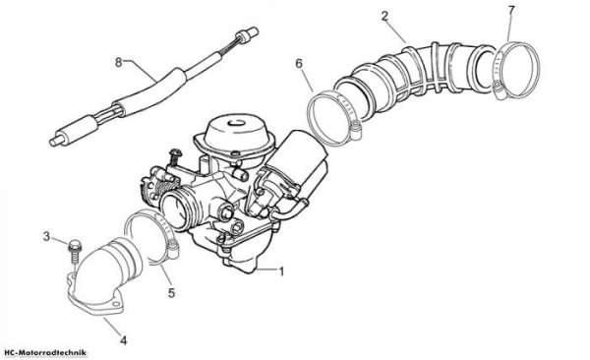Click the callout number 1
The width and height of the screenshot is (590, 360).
coord(281,271)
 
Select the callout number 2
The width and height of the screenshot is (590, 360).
coord(384,16)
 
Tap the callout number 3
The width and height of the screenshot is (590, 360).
coord(46,236)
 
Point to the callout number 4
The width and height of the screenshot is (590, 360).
coord(123,340)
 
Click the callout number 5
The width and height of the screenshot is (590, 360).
coord(171,292)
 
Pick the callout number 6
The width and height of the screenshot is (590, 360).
coord(299,64)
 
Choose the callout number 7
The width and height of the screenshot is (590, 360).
coord(510,11)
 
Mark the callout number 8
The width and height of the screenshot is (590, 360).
coord(119,62)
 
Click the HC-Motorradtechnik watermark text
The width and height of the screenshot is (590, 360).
coord(44,353)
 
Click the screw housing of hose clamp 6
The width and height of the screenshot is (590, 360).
coord(354,129)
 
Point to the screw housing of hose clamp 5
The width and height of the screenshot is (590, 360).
coord(173,249)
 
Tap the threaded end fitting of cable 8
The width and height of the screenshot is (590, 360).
coord(247,34)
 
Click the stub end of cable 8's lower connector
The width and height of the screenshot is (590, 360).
coord(55,142)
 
